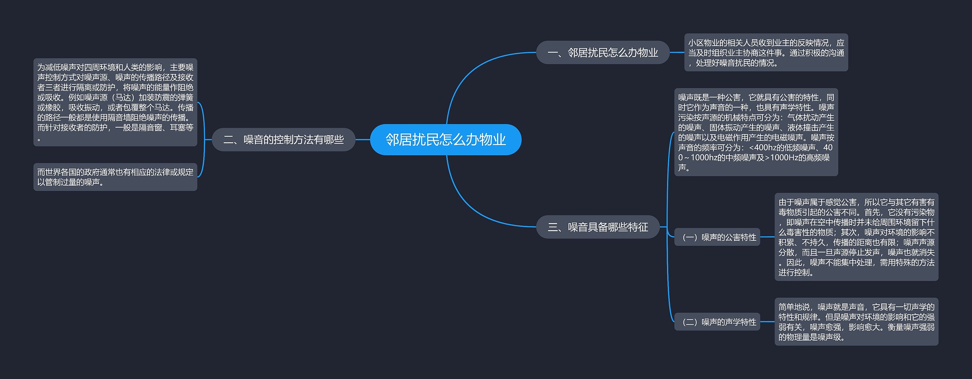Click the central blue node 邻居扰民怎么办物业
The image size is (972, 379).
pos(445,139)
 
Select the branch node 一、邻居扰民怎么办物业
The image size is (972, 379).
pos(603,52)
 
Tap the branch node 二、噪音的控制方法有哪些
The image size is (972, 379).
pos(283,139)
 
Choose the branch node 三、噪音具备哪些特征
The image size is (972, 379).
pos(598,227)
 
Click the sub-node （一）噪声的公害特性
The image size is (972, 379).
pos(717,237)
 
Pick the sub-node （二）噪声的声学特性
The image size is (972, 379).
pos(717,322)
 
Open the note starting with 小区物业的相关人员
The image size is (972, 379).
pos(766,52)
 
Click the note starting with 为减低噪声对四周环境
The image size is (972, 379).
pos(115,102)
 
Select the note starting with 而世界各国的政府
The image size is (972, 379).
pos(115,177)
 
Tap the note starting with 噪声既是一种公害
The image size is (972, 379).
pos(756,132)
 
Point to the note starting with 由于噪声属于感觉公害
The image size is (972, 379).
pos(856,237)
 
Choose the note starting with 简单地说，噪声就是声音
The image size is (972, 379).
pos(856,322)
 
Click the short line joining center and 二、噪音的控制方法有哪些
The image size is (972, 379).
pos(363,139)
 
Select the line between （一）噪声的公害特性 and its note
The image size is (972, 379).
pos(767,237)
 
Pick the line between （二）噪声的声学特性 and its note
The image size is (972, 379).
pos(767,322)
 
